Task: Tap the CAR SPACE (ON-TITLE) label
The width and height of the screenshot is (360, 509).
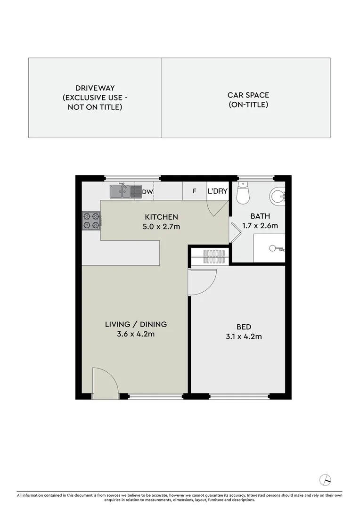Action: pyautogui.click(x=248, y=100)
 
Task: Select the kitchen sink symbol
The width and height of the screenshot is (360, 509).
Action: pyautogui.click(x=126, y=191)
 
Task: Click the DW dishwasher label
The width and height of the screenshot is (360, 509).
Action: pyautogui.click(x=147, y=192)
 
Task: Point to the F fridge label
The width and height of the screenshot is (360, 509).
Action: pyautogui.click(x=194, y=192)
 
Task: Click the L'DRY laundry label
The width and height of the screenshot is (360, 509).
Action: pyautogui.click(x=218, y=192)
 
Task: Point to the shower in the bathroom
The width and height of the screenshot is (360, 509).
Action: pyautogui.click(x=270, y=248)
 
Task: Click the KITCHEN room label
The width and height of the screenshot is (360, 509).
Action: pyautogui.click(x=161, y=217)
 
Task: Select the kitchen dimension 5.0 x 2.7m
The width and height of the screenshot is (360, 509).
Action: pyautogui.click(x=161, y=227)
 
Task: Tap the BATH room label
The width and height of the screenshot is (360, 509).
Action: pyautogui.click(x=260, y=216)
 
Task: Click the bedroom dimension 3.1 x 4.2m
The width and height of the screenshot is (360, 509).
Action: pyautogui.click(x=244, y=337)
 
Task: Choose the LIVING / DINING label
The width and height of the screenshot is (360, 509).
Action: pyautogui.click(x=136, y=324)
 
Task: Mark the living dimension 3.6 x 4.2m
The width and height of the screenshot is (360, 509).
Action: pyautogui.click(x=136, y=334)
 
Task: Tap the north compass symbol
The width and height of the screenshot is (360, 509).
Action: pyautogui.click(x=325, y=480)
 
